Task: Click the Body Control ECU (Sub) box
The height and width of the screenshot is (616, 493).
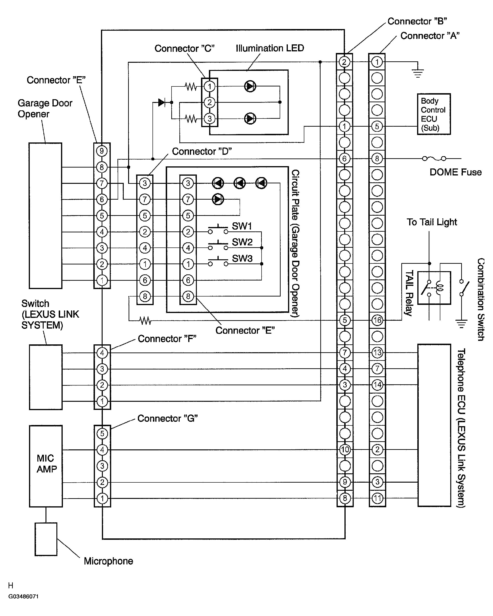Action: click(x=433, y=114)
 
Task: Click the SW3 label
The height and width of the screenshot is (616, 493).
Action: click(x=242, y=258)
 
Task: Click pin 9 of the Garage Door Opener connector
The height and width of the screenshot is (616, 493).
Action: click(x=102, y=151)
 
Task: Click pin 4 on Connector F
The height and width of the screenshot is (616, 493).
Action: click(x=102, y=353)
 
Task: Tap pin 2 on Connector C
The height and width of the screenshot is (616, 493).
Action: click(x=210, y=102)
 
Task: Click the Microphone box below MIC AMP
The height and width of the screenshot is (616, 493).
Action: click(x=46, y=539)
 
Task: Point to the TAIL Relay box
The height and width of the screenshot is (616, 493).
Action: click(x=434, y=288)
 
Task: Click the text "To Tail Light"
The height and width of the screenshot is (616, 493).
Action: click(x=432, y=222)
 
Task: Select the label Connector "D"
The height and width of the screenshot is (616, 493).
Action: click(x=201, y=152)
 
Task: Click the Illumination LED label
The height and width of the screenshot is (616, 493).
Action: click(x=269, y=48)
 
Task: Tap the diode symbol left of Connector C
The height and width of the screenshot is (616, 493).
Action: click(x=161, y=102)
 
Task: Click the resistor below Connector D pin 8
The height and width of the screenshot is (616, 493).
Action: click(x=145, y=321)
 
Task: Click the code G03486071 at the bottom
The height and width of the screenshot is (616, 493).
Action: click(x=23, y=596)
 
